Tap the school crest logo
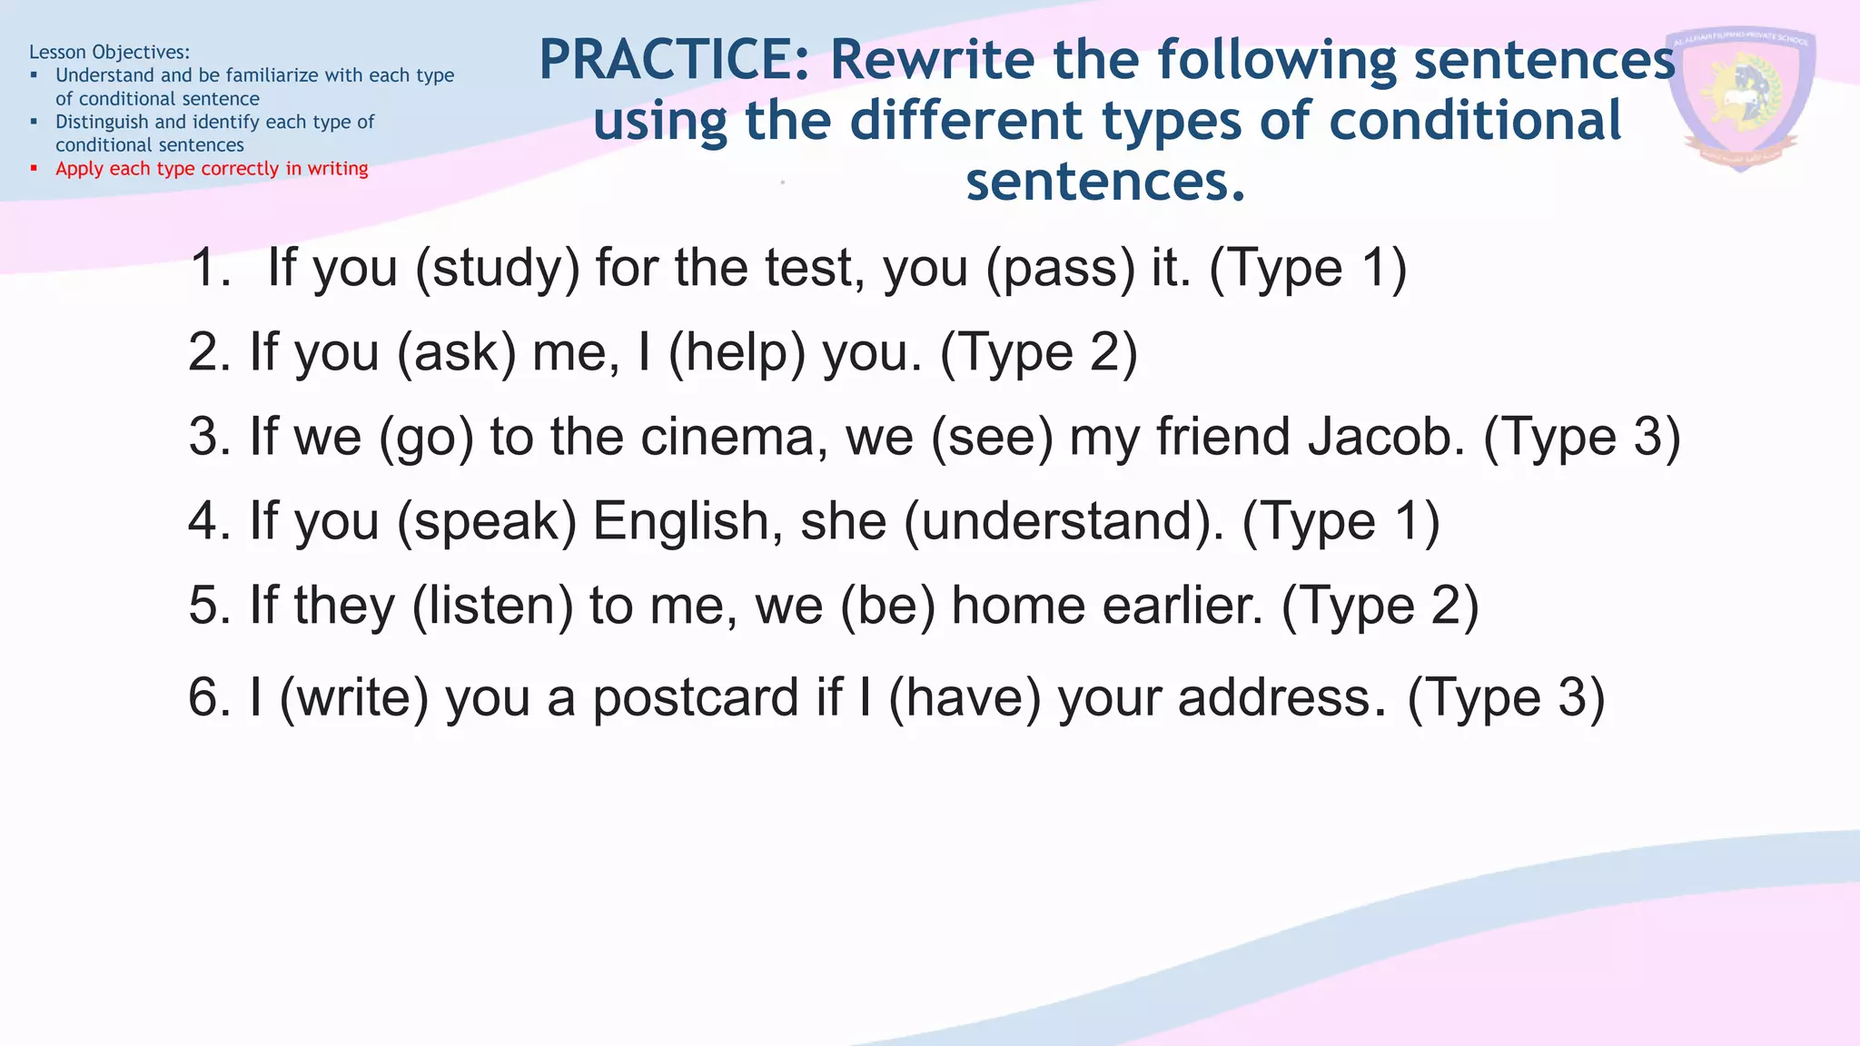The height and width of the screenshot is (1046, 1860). [1740, 98]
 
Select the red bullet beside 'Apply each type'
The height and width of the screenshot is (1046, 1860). [34, 168]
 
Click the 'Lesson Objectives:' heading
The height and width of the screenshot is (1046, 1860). [109, 52]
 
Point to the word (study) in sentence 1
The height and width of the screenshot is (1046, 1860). [497, 269]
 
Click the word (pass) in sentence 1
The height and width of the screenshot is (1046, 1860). [1060, 269]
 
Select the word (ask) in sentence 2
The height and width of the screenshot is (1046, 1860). [456, 352]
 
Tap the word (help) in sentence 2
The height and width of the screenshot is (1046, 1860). [737, 352]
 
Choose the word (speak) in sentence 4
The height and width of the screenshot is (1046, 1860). [487, 521]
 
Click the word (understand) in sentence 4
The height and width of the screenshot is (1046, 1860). [1064, 521]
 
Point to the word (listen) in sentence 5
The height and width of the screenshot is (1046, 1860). [492, 606]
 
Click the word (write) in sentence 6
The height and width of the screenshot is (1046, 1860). [353, 697]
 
